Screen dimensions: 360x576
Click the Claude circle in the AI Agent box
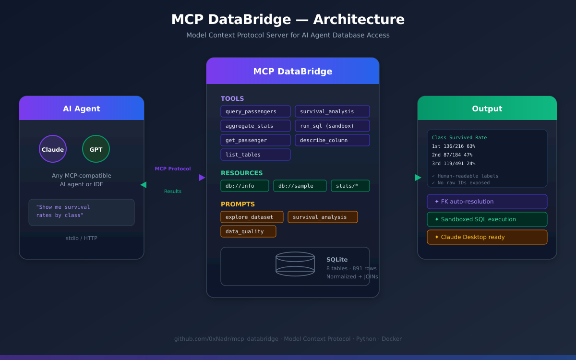click(x=53, y=149)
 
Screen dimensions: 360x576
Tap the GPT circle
click(x=96, y=149)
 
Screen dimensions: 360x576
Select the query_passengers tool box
click(x=255, y=111)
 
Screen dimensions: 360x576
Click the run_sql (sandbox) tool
click(x=332, y=126)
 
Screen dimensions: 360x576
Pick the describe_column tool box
click(x=332, y=140)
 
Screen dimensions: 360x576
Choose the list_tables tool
click(x=255, y=155)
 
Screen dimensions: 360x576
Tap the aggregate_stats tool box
click(x=255, y=126)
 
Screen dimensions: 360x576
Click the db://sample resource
click(x=300, y=186)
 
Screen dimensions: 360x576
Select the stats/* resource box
click(x=350, y=186)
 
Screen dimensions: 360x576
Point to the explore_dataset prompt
click(x=252, y=217)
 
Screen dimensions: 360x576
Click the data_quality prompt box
click(x=248, y=231)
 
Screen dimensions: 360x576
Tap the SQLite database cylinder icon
click(x=295, y=264)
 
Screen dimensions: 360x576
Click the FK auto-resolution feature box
click(x=487, y=202)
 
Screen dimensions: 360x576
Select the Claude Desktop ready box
click(x=487, y=237)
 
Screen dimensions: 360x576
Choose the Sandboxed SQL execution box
click(x=487, y=219)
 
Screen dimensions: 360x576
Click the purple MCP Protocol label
click(x=173, y=169)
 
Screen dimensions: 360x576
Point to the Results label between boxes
click(x=173, y=192)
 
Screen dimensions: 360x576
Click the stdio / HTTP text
click(x=82, y=238)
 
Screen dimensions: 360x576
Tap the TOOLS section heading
click(x=232, y=99)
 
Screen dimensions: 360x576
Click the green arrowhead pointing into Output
click(x=418, y=178)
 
